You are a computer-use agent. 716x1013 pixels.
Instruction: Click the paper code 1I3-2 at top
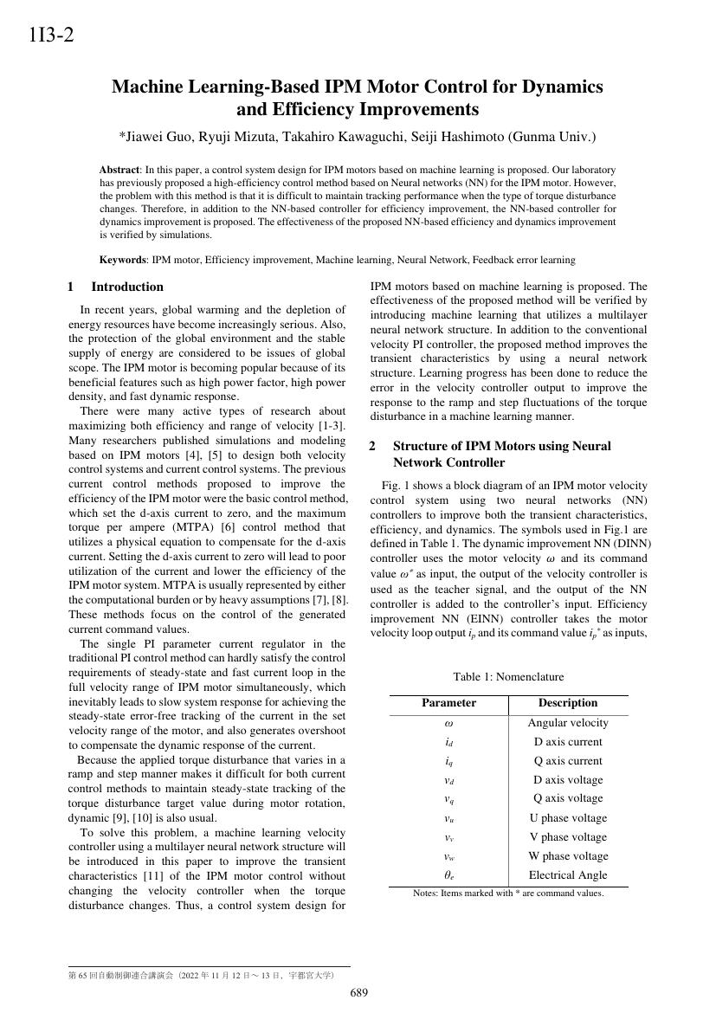[x=51, y=35]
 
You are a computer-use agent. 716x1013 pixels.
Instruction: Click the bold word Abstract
[x=119, y=171]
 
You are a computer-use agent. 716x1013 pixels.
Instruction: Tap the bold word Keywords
[x=123, y=260]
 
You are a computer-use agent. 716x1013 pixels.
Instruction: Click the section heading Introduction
[x=127, y=287]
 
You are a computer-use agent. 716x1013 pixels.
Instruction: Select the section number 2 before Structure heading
[x=372, y=446]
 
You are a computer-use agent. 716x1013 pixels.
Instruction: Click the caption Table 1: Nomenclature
[x=508, y=677]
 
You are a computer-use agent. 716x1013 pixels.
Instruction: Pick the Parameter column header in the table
[x=448, y=703]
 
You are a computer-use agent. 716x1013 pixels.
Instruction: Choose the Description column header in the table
[x=567, y=703]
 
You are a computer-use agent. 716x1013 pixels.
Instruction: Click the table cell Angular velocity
[x=567, y=723]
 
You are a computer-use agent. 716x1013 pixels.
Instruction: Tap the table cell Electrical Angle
[x=567, y=875]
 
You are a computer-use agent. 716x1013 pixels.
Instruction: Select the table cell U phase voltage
[x=567, y=818]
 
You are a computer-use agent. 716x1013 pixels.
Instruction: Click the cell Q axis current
[x=567, y=761]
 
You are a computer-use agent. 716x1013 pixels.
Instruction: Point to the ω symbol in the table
[x=448, y=723]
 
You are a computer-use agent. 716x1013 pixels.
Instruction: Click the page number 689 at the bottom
[x=358, y=992]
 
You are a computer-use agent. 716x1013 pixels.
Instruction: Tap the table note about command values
[x=508, y=894]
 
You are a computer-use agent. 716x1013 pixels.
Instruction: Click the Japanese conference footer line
[x=201, y=976]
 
